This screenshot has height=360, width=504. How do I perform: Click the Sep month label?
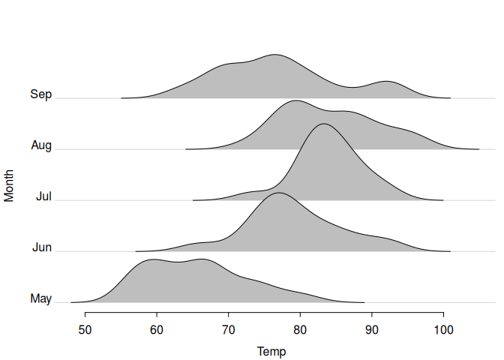click(40, 94)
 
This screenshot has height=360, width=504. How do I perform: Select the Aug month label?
click(41, 145)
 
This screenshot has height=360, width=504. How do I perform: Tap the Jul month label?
click(43, 196)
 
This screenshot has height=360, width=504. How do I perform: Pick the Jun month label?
click(42, 247)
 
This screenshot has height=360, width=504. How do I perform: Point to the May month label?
click(40, 298)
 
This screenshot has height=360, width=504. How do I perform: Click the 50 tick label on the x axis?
click(85, 330)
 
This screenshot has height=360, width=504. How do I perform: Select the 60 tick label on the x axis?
click(157, 330)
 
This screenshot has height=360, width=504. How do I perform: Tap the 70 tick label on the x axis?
click(229, 330)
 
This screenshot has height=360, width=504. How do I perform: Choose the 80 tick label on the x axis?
click(300, 330)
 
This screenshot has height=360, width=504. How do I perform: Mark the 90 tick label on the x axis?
click(372, 330)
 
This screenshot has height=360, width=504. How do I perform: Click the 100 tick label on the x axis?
click(443, 330)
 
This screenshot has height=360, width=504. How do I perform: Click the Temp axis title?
click(271, 352)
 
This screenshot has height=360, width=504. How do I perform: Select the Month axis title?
click(9, 186)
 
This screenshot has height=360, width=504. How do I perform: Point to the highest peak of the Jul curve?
click(324, 124)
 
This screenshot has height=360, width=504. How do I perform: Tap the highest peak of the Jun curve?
click(279, 193)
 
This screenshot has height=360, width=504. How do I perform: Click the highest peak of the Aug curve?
click(296, 100)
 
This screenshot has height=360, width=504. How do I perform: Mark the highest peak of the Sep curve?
click(275, 54)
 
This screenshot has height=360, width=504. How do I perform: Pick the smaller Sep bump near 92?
click(386, 81)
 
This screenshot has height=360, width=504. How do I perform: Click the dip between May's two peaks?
click(178, 262)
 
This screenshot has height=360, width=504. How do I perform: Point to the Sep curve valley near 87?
click(352, 87)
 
